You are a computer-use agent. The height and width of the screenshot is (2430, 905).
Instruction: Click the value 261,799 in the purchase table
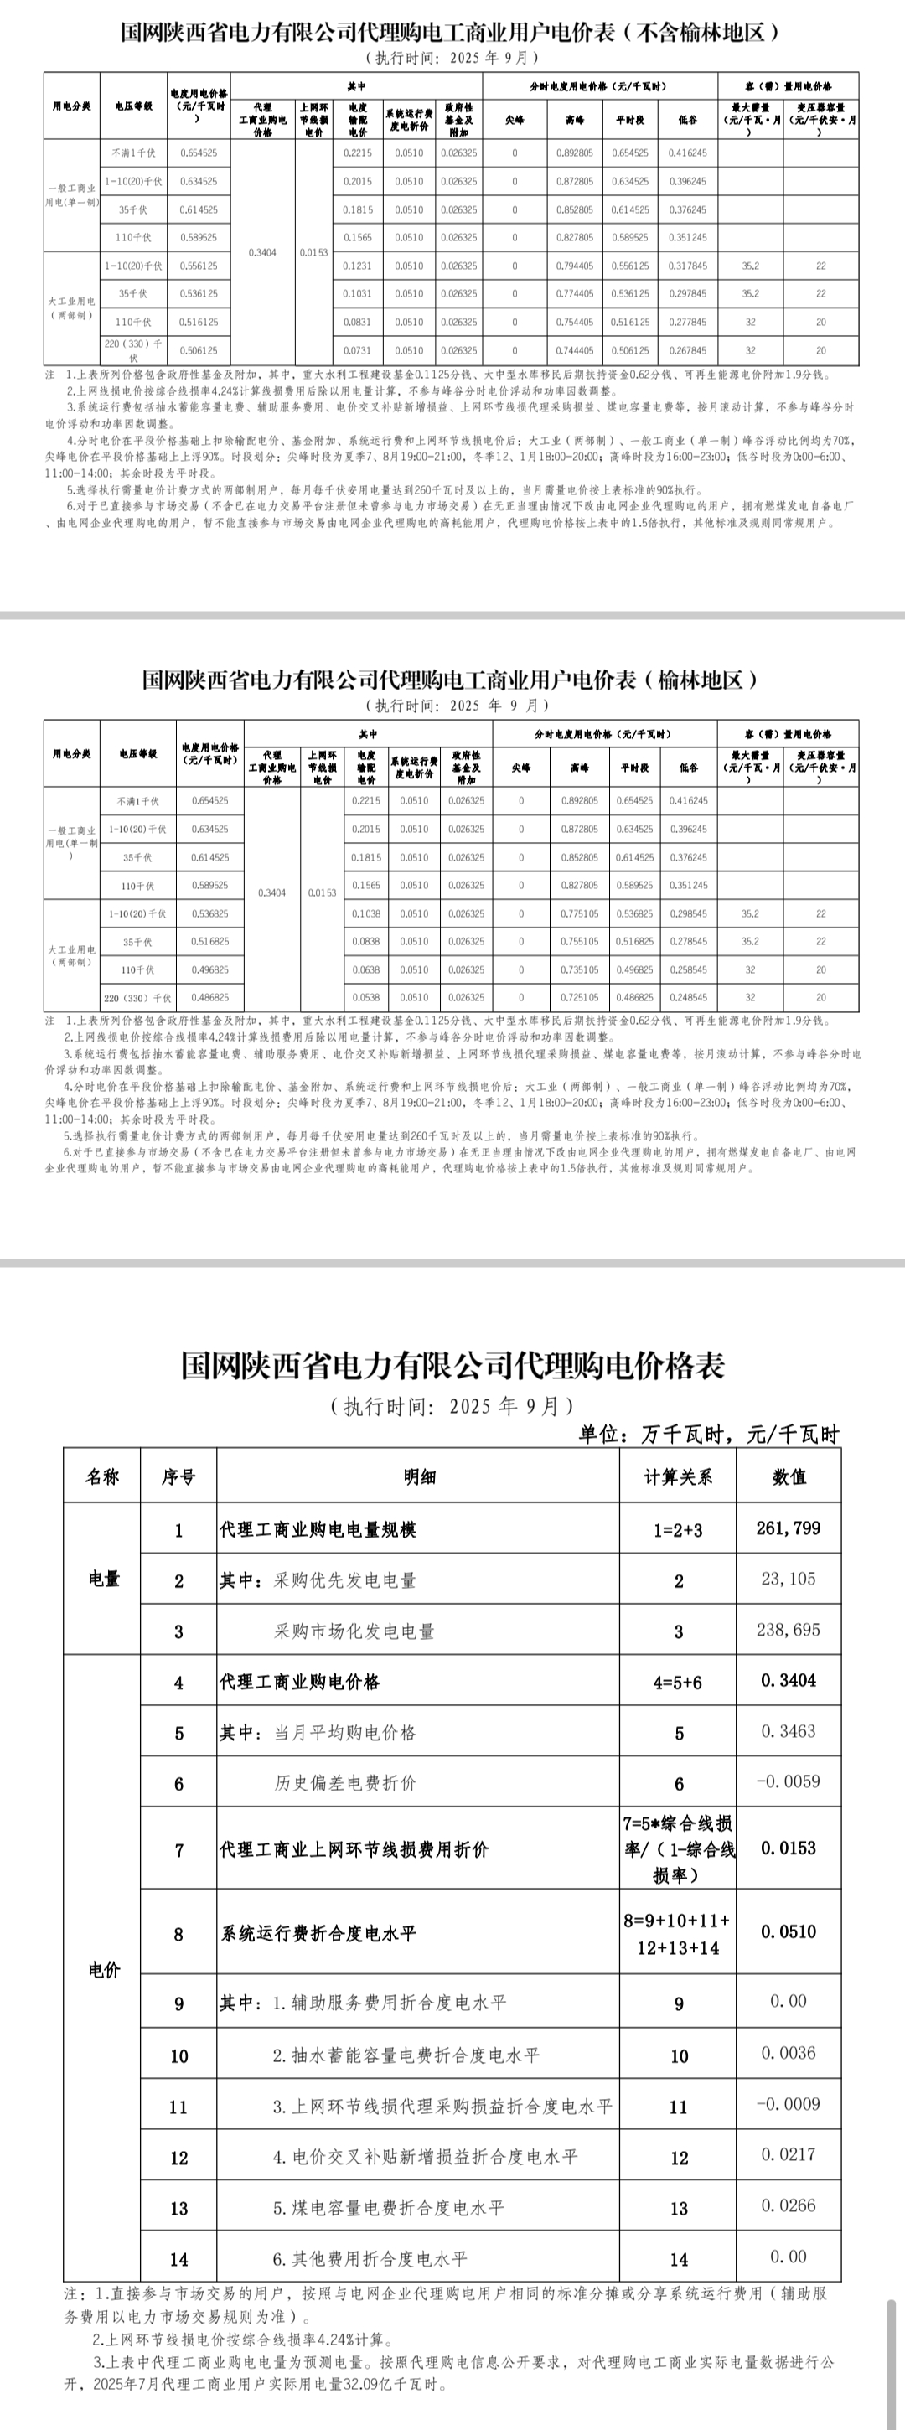click(788, 1528)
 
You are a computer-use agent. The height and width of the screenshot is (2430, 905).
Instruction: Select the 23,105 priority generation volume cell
click(788, 1579)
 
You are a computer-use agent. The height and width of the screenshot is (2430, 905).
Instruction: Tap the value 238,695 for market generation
click(788, 1630)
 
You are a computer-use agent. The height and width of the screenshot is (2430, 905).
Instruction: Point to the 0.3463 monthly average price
click(788, 1731)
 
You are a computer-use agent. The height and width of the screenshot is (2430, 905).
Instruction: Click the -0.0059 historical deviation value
click(788, 1782)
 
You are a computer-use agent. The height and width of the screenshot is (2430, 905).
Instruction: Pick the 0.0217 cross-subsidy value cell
click(788, 2154)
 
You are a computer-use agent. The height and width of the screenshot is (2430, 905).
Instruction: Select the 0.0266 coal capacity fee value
click(788, 2205)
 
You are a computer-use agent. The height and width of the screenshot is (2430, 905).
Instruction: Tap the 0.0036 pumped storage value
click(788, 2053)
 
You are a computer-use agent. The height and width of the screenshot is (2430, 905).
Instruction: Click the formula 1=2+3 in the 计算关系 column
click(678, 1530)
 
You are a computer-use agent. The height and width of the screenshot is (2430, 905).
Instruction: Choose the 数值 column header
click(788, 1477)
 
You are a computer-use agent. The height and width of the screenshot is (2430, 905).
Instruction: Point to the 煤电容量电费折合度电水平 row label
click(389, 2207)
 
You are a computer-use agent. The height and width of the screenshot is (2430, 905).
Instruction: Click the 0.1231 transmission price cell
click(358, 266)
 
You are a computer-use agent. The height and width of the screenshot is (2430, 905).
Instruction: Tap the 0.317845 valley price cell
click(687, 266)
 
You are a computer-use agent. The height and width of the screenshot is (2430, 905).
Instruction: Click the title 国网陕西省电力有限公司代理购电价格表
click(453, 1366)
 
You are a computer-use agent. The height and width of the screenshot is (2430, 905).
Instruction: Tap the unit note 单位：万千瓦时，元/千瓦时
click(708, 1435)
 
